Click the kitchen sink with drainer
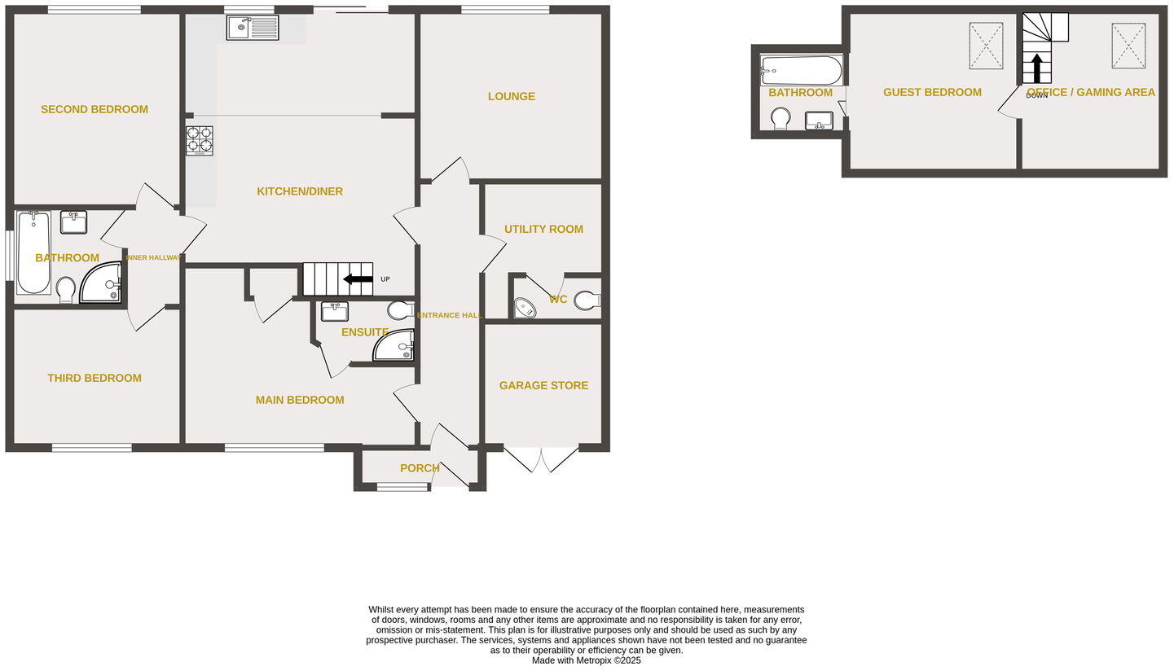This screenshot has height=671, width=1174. (x=253, y=28)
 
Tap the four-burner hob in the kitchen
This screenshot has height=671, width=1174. (x=200, y=140)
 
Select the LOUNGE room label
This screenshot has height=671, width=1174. (x=512, y=96)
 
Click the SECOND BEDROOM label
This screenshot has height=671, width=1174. (x=95, y=109)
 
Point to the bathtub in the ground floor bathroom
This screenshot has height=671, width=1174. (x=33, y=252)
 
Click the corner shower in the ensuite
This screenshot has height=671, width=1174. (x=396, y=346)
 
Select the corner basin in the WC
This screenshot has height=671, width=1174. (x=525, y=308)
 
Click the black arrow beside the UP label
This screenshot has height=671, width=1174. (x=358, y=279)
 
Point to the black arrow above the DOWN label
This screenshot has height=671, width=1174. (x=1036, y=68)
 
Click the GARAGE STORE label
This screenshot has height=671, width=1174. (x=543, y=385)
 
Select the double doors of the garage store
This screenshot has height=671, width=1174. (x=541, y=458)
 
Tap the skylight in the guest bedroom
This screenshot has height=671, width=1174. (x=986, y=46)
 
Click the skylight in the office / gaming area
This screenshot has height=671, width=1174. (x=1128, y=46)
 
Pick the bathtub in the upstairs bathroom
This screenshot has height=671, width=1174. (x=802, y=71)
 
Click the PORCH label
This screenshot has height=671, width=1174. (x=420, y=468)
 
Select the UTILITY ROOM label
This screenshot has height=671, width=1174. (x=543, y=229)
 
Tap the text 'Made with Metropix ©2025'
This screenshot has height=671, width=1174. (x=587, y=660)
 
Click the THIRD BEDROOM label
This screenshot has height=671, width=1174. (x=95, y=378)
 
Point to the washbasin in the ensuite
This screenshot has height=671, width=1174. (x=334, y=311)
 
